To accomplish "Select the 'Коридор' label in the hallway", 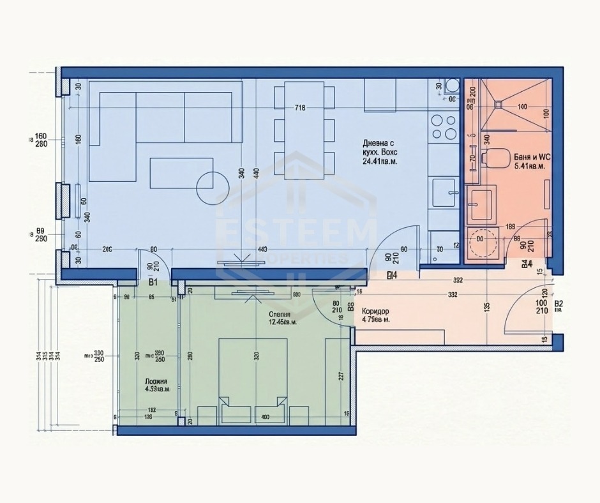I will click(x=375, y=312).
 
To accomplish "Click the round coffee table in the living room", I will click(x=213, y=188).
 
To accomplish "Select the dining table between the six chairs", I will click(x=304, y=125).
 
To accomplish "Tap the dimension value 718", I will click(x=299, y=108).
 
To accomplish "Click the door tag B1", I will click(x=153, y=282).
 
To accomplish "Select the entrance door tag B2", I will click(x=559, y=304).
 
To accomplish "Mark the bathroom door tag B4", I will click(x=526, y=264).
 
